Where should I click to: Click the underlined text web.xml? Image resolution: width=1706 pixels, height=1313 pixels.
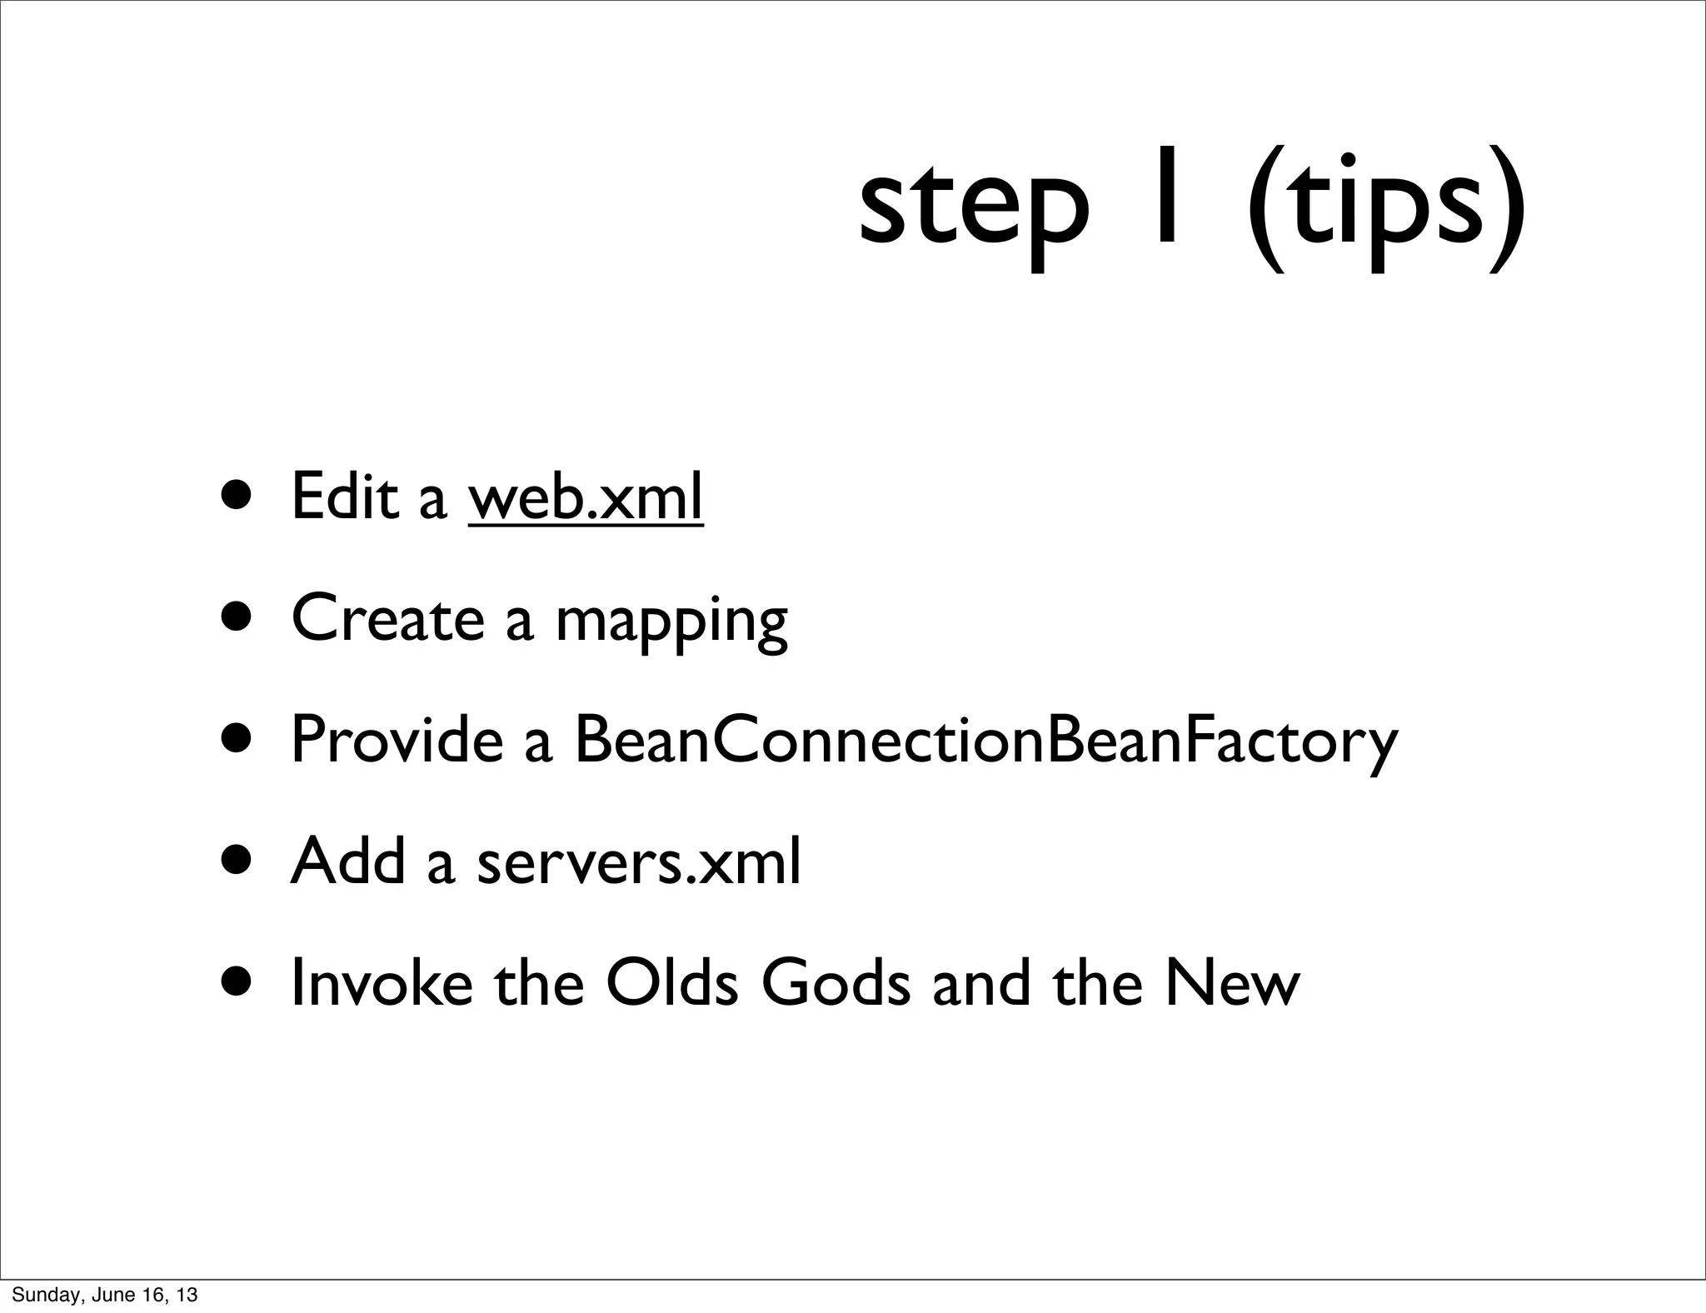(586, 497)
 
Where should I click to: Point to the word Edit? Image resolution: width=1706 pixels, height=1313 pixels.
(344, 497)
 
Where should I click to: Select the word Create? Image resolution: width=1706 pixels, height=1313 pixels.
(388, 618)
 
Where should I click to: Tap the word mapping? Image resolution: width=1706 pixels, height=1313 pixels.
(671, 623)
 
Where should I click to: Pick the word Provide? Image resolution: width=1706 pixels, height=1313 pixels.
(397, 740)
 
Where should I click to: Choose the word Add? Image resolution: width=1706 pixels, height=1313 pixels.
(347, 861)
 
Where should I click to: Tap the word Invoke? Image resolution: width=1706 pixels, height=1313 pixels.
(382, 983)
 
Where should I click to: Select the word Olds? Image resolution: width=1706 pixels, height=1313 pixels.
(672, 983)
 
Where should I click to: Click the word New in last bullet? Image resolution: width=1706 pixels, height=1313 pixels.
(1232, 983)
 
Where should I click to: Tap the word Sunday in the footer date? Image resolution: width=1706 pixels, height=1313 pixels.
(40, 1296)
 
